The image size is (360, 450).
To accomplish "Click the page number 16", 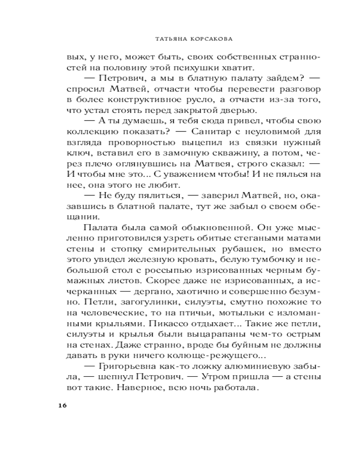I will coord(62,405).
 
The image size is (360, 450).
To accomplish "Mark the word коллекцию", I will coord(87,132).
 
